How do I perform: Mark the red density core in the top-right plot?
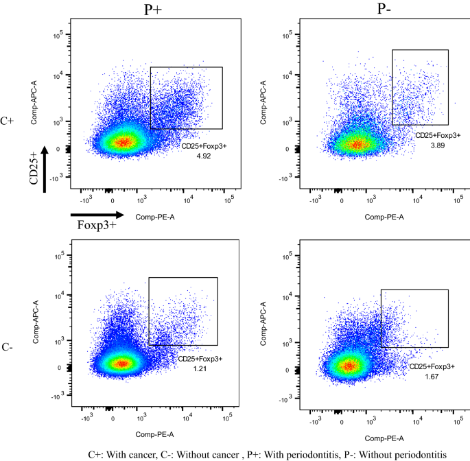pos(357,144)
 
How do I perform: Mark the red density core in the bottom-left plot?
pos(122,364)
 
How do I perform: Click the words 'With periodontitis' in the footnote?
pos(292,453)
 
